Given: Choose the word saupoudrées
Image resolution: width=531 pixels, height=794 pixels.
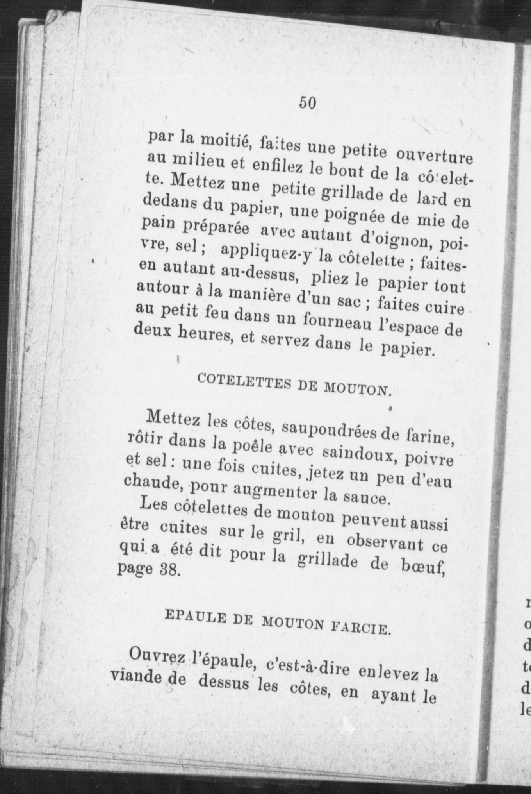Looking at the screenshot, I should click(x=328, y=432).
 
